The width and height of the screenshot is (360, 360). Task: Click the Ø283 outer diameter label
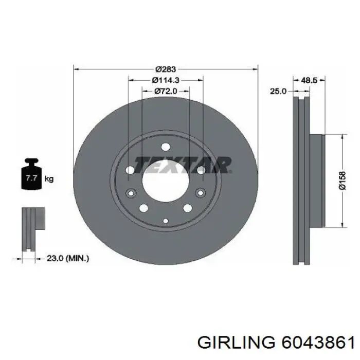(x=166, y=69)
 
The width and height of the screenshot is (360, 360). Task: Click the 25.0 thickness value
(x=278, y=91)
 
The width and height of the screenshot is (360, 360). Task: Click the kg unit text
(x=49, y=179)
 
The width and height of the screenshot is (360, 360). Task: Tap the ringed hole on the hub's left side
(x=130, y=193)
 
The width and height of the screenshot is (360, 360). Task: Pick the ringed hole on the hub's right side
(x=200, y=193)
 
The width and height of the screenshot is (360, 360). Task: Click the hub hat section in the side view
(x=316, y=181)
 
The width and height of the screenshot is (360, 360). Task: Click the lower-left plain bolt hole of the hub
(x=144, y=208)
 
